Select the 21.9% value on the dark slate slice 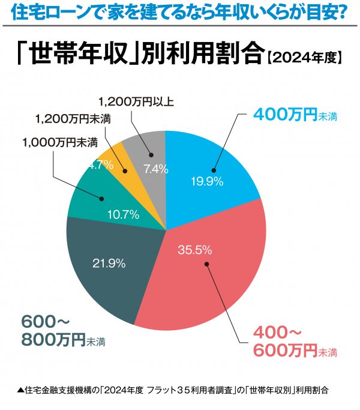pyautogui.click(x=109, y=262)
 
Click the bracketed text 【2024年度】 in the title pyautogui.click(x=304, y=58)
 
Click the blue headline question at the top pyautogui.click(x=179, y=12)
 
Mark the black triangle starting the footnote pyautogui.click(x=21, y=390)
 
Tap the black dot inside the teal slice pyautogui.click(x=103, y=197)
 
